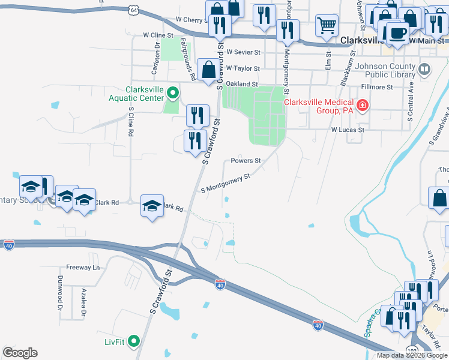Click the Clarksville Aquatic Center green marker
tap(172, 93)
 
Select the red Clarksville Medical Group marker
tap(362, 106)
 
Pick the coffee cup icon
tap(396, 32)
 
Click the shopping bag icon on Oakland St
tap(208, 69)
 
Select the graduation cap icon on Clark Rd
tap(152, 206)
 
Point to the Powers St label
tap(246, 161)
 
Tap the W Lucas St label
tap(348, 130)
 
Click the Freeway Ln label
tap(82, 268)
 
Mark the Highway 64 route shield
tap(133, 10)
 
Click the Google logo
tap(20, 353)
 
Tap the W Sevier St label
tap(243, 53)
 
